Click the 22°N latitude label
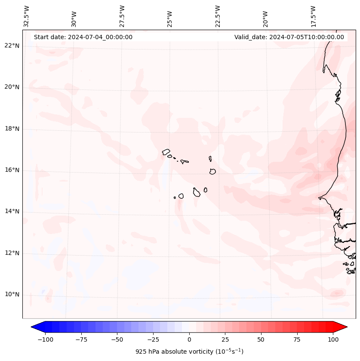(12, 46)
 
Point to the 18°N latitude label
(12, 129)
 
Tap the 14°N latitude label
(12, 211)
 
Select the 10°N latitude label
(12, 294)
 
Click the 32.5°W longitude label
(27, 16)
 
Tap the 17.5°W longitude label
(313, 16)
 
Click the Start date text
(83, 37)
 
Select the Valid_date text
(289, 37)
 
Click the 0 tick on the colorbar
(189, 339)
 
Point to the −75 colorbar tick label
(81, 339)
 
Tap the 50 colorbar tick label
(261, 339)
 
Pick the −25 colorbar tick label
(153, 339)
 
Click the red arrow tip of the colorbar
(345, 327)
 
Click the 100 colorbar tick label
(333, 339)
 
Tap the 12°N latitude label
(12, 253)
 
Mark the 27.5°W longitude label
(122, 16)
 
